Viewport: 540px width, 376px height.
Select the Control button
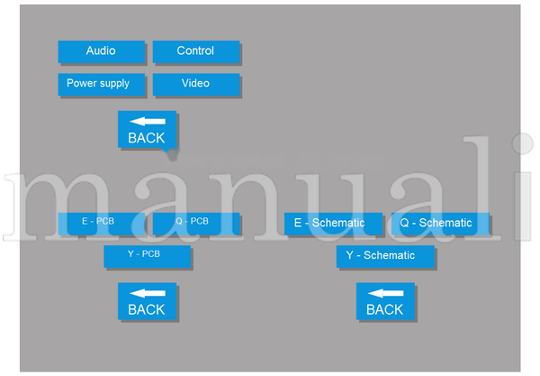tap(195, 51)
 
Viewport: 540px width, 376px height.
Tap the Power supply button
tap(98, 84)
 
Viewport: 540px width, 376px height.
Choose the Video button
tap(195, 84)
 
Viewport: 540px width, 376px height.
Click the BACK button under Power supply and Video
tap(147, 130)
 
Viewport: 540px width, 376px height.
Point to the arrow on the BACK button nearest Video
tap(147, 122)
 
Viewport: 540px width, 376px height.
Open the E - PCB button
tap(98, 222)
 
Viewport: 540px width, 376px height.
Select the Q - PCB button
tap(193, 222)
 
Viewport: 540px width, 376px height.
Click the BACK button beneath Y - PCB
tap(147, 301)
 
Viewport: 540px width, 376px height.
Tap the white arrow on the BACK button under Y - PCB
tap(147, 293)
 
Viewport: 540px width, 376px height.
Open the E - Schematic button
tap(333, 224)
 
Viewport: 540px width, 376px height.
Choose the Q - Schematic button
tap(436, 224)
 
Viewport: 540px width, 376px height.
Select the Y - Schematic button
tap(385, 256)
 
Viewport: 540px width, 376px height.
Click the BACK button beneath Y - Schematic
tap(385, 301)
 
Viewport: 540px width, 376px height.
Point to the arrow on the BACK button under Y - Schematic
tap(385, 293)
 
